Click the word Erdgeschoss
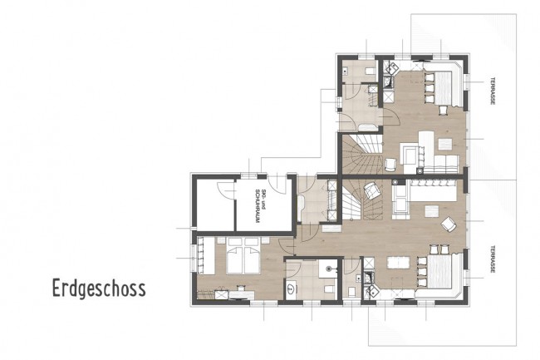98,288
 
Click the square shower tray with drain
329,267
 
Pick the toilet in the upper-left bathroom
367,72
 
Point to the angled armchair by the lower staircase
374,192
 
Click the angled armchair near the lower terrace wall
449,223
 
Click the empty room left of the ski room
214,204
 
